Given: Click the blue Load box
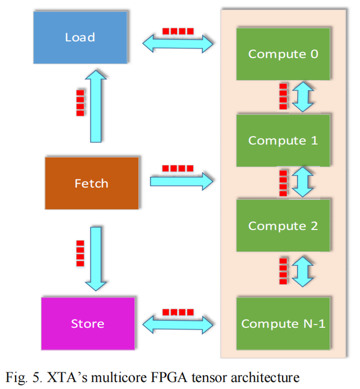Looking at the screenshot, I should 80,37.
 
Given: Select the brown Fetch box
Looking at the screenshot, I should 91,183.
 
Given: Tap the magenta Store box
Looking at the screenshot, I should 88,324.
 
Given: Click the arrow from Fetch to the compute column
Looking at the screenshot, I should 181,179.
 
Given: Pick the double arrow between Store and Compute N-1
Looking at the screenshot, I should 178,324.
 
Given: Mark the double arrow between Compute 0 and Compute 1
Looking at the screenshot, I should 303,97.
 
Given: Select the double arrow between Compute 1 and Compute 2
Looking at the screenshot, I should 303,183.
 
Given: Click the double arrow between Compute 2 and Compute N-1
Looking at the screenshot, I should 303,271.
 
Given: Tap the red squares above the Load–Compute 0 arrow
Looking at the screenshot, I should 178,31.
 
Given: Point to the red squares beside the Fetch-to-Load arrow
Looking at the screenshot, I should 80,102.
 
